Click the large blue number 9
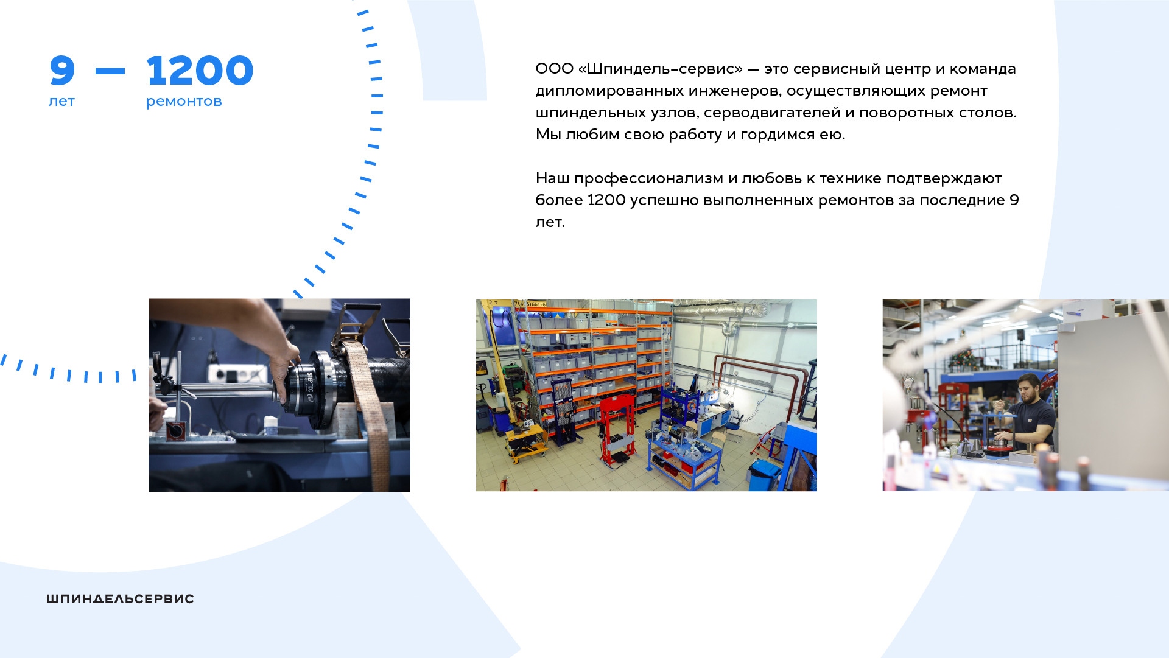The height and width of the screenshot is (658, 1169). point(62,71)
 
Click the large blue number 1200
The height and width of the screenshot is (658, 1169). point(200,71)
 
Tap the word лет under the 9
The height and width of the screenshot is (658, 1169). point(61,102)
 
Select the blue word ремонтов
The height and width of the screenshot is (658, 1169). point(184,102)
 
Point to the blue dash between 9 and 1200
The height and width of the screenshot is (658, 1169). point(110,71)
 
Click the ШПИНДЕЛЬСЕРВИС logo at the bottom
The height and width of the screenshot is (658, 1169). point(121,599)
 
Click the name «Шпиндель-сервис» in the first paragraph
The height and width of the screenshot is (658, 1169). point(661,69)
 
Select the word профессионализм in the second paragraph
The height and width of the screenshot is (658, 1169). point(648,179)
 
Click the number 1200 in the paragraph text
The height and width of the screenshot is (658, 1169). point(606,200)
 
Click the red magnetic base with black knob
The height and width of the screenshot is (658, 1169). point(175,430)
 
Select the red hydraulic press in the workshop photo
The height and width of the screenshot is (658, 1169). point(617,429)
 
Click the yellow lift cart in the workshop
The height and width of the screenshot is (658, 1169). point(524,441)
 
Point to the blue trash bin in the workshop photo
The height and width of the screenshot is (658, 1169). point(765,475)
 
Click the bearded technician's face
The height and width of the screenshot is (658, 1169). point(1029,390)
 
